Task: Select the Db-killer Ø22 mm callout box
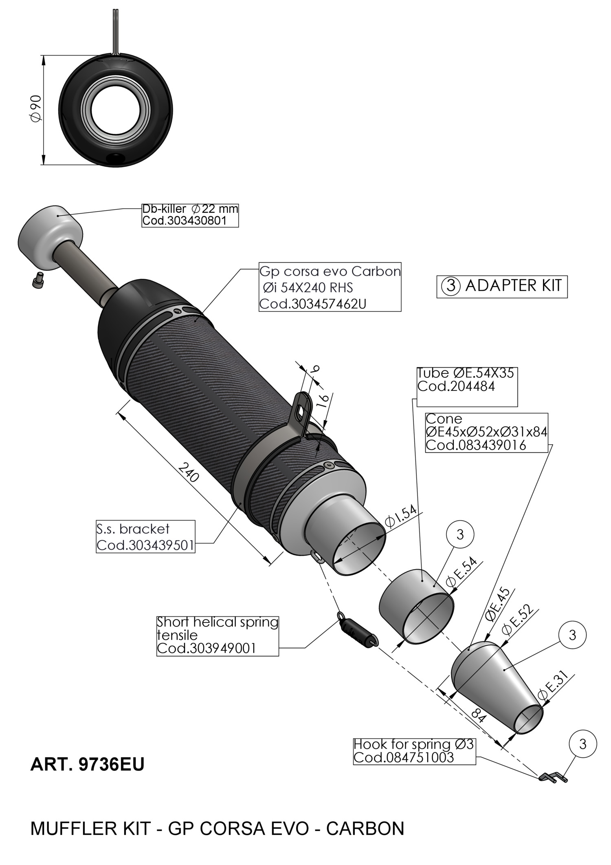click(x=190, y=215)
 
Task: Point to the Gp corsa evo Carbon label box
click(x=330, y=287)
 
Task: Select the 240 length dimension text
click(x=189, y=472)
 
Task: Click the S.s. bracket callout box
click(x=145, y=536)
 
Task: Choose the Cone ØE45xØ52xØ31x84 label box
click(x=486, y=432)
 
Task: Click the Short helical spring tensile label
click(x=218, y=635)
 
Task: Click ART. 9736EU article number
click(x=88, y=765)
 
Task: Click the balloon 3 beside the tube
click(x=460, y=534)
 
